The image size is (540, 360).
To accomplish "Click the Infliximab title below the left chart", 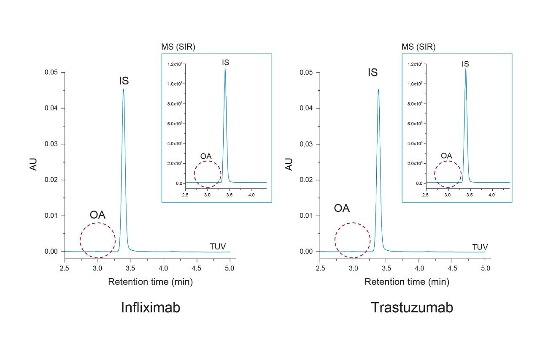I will (151, 308).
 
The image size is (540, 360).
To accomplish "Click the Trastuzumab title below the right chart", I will (412, 308).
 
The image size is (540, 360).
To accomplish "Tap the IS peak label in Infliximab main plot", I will (124, 81).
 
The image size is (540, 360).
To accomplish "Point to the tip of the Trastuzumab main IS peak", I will (378, 89).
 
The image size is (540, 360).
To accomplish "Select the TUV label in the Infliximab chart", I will (218, 246).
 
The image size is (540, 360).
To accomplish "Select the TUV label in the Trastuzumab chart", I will (480, 246).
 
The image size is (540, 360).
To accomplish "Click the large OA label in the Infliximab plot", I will (97, 215).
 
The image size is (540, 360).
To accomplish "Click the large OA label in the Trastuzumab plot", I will (342, 208).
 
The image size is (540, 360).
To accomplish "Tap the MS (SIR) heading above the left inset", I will (178, 47).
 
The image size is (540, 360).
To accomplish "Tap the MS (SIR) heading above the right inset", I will (418, 47).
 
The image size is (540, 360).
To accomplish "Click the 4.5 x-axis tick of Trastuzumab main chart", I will (452, 268).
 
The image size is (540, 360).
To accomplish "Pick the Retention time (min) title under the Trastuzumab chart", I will (407, 282).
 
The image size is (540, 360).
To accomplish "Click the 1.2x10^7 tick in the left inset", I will (173, 64).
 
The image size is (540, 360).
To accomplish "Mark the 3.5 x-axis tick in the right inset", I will (470, 195).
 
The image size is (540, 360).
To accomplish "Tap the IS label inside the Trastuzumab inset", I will (465, 64).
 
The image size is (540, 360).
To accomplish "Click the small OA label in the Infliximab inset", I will (206, 156).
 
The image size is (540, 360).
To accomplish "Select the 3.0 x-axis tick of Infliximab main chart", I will (98, 268).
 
